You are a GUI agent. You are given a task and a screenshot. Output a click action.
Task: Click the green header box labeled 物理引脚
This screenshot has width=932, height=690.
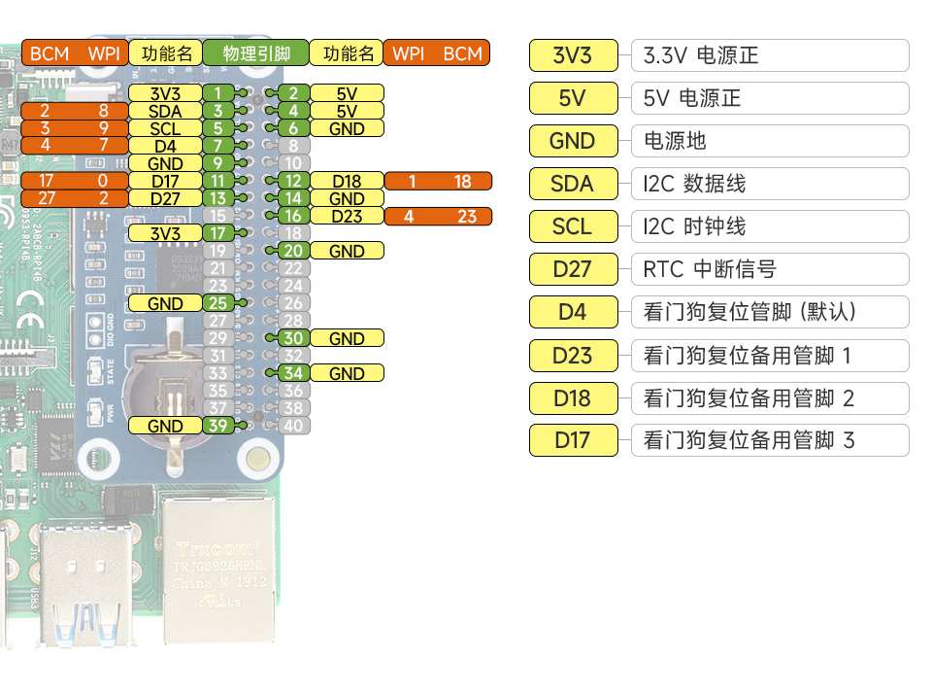click(x=255, y=53)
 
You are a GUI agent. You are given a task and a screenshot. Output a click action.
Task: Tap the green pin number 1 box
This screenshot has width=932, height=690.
click(x=218, y=94)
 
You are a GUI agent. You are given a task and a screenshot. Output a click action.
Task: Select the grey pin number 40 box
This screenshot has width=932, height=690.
click(x=293, y=426)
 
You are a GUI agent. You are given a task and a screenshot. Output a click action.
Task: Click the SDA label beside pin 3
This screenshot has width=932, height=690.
click(x=165, y=112)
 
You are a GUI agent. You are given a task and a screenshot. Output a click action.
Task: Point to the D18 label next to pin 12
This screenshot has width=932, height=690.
click(x=347, y=182)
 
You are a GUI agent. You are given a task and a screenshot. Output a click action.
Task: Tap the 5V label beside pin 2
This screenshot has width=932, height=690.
click(x=347, y=94)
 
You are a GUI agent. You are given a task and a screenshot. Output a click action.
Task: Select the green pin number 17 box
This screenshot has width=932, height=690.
click(x=218, y=234)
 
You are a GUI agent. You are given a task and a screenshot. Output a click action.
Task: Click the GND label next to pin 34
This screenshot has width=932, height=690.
click(x=347, y=374)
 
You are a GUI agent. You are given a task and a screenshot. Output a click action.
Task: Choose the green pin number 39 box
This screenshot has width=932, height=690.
click(x=218, y=426)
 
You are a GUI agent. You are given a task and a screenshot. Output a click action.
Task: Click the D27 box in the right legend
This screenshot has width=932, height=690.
click(x=573, y=269)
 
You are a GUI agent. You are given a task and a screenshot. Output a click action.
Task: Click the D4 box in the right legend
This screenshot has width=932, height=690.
click(x=573, y=312)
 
